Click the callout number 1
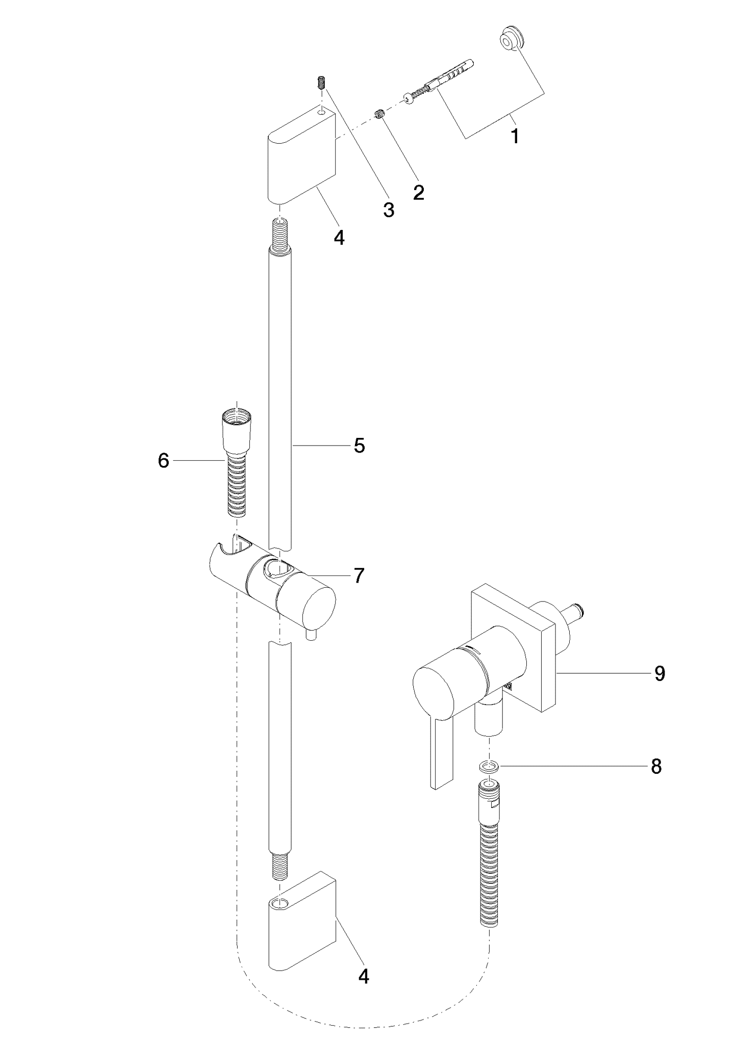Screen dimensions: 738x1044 (516, 137)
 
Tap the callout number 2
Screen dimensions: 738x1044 (419, 192)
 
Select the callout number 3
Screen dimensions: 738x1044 (389, 210)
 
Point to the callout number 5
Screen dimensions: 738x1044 (360, 446)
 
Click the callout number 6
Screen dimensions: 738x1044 (163, 461)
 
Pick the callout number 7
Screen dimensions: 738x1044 (359, 576)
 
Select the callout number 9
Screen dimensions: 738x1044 (660, 673)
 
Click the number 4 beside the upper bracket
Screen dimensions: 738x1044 (339, 237)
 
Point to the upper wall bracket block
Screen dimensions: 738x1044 (301, 156)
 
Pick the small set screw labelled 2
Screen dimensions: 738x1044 (379, 115)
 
